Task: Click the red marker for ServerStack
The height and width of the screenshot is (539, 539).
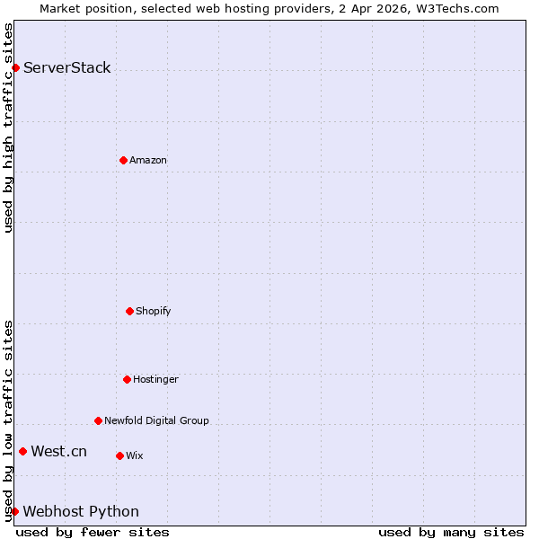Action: (15, 67)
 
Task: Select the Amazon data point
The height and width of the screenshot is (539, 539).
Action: (123, 160)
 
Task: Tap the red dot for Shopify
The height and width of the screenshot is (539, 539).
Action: (129, 311)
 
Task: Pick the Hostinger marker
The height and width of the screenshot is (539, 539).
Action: (127, 379)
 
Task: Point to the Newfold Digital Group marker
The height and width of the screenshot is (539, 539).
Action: (98, 420)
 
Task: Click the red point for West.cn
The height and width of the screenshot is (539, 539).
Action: (22, 451)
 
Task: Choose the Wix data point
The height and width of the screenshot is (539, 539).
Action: (119, 455)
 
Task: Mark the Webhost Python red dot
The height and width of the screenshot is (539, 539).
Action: (14, 511)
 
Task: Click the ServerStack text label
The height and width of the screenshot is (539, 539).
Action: (67, 67)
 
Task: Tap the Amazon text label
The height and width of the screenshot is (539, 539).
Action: (148, 160)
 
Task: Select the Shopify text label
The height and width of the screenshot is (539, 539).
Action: (154, 311)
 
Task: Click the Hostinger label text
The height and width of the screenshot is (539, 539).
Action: (156, 379)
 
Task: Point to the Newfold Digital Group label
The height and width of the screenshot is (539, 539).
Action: (156, 420)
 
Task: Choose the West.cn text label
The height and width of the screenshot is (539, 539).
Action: (59, 451)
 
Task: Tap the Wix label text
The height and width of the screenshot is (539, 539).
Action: (135, 455)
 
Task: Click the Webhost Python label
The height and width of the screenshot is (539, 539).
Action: (81, 511)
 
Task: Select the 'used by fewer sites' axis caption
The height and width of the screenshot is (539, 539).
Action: (93, 532)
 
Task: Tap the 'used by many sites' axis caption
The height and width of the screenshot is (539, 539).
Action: (451, 532)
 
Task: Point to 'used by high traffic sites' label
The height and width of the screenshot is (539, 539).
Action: (8, 128)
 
